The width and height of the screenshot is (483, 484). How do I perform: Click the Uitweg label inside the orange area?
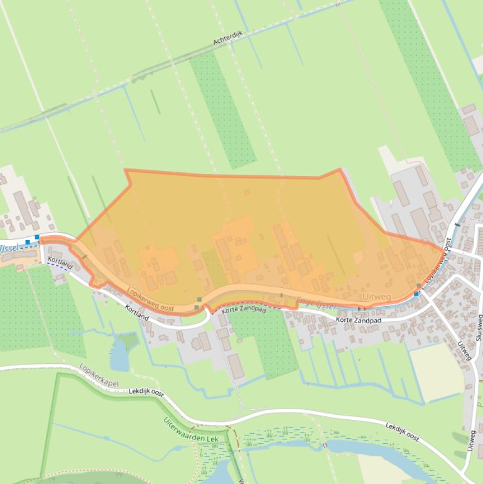(376, 296)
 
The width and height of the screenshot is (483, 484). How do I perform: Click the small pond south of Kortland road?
(119, 356)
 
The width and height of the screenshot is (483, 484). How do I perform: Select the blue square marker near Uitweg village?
(416, 294)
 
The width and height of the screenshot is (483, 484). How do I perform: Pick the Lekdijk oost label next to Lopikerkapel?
(146, 392)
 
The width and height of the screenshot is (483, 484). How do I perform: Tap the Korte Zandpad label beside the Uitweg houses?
(357, 321)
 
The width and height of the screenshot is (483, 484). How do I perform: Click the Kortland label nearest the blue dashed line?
(60, 263)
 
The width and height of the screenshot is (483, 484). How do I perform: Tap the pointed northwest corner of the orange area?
(126, 170)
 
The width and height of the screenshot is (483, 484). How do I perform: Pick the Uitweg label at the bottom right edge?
(471, 441)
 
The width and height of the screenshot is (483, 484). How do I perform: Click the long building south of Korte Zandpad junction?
(236, 366)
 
